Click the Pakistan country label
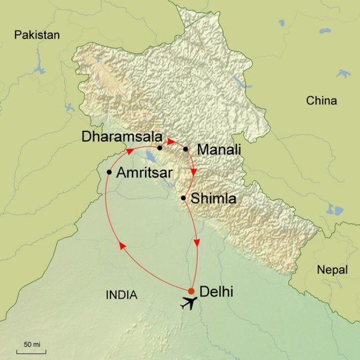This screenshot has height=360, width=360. click(37, 35)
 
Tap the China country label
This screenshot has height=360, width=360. click(321, 101)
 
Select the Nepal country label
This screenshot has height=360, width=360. click(332, 270)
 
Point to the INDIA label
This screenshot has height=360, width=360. click(122, 295)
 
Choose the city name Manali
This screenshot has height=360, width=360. click(219, 150)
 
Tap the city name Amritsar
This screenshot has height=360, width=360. click(148, 172)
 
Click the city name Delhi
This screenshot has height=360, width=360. click(216, 291)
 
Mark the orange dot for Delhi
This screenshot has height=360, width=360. click(192, 291)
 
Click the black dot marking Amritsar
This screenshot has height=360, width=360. click(109, 172)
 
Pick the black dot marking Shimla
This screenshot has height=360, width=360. click(183, 199)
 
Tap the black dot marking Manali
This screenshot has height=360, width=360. click(186, 149)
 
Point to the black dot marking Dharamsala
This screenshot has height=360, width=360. click(160, 148)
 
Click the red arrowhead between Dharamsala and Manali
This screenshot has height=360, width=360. click(171, 141)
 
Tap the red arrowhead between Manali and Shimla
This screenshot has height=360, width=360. click(194, 172)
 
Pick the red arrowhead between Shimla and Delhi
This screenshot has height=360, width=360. click(198, 243)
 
